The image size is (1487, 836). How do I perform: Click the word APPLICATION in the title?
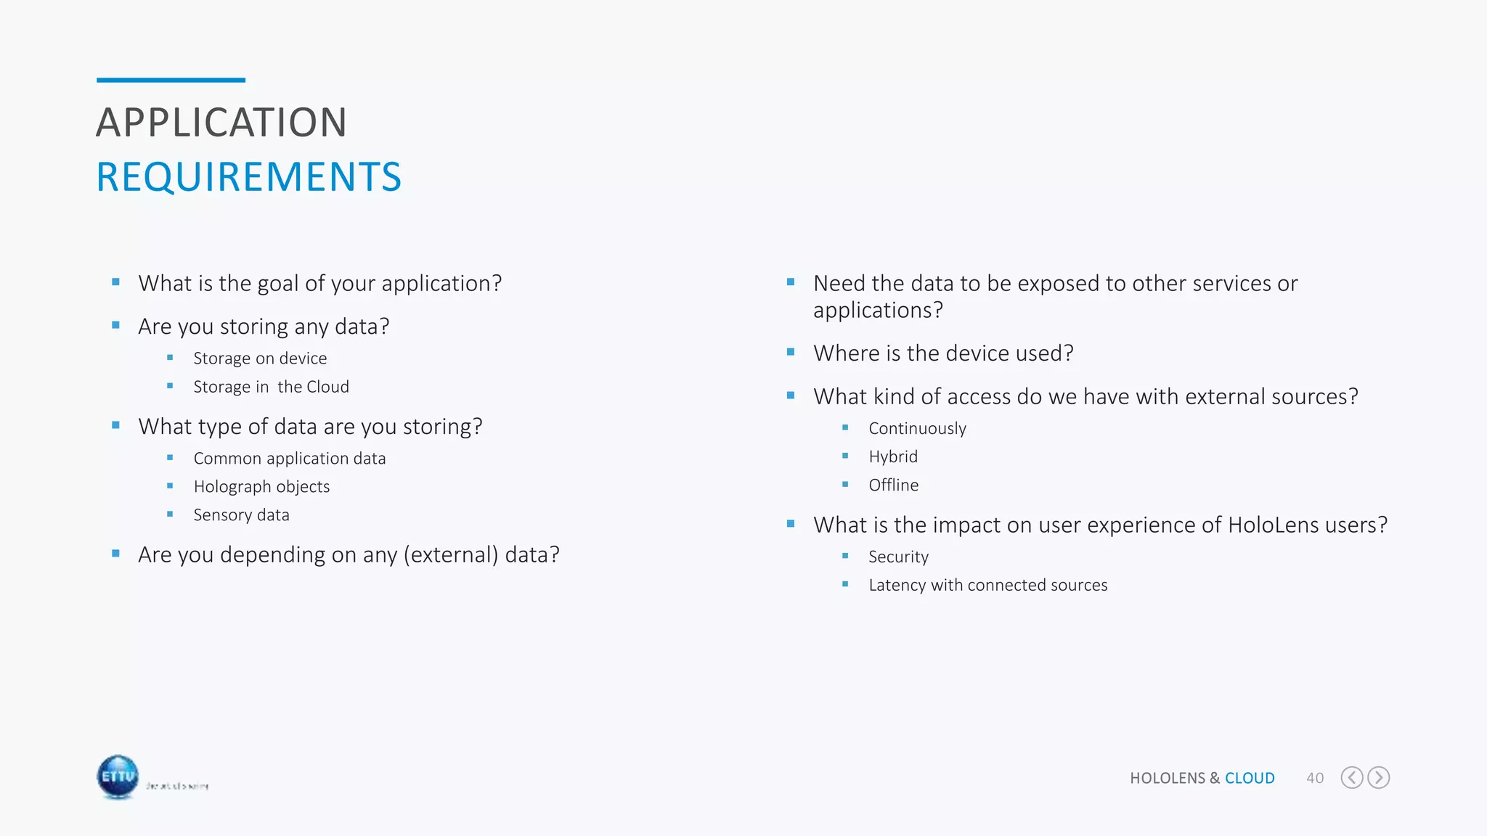221,123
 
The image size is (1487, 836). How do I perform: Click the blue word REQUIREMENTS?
248,177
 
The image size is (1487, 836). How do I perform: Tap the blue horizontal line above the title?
171,80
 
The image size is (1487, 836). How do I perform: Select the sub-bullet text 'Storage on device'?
260,358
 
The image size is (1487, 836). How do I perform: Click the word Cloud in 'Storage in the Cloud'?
327,387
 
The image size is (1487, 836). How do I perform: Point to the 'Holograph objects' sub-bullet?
261,487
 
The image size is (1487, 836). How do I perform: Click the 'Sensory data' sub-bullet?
241,515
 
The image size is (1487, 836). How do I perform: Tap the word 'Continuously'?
917,429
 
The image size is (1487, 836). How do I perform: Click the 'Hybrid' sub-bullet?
893,457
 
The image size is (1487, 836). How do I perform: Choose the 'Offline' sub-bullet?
893,485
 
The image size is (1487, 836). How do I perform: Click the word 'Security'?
898,557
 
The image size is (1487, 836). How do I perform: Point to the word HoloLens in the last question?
1263,525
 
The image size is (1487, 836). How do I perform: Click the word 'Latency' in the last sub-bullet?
897,586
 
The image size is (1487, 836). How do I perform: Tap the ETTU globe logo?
118,776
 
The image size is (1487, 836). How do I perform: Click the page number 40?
1315,778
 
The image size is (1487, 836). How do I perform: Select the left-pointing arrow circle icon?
1351,778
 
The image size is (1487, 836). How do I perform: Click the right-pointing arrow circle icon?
1378,778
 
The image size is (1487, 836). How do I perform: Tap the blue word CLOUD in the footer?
1250,778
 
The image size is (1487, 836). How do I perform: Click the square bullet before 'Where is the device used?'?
791,352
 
